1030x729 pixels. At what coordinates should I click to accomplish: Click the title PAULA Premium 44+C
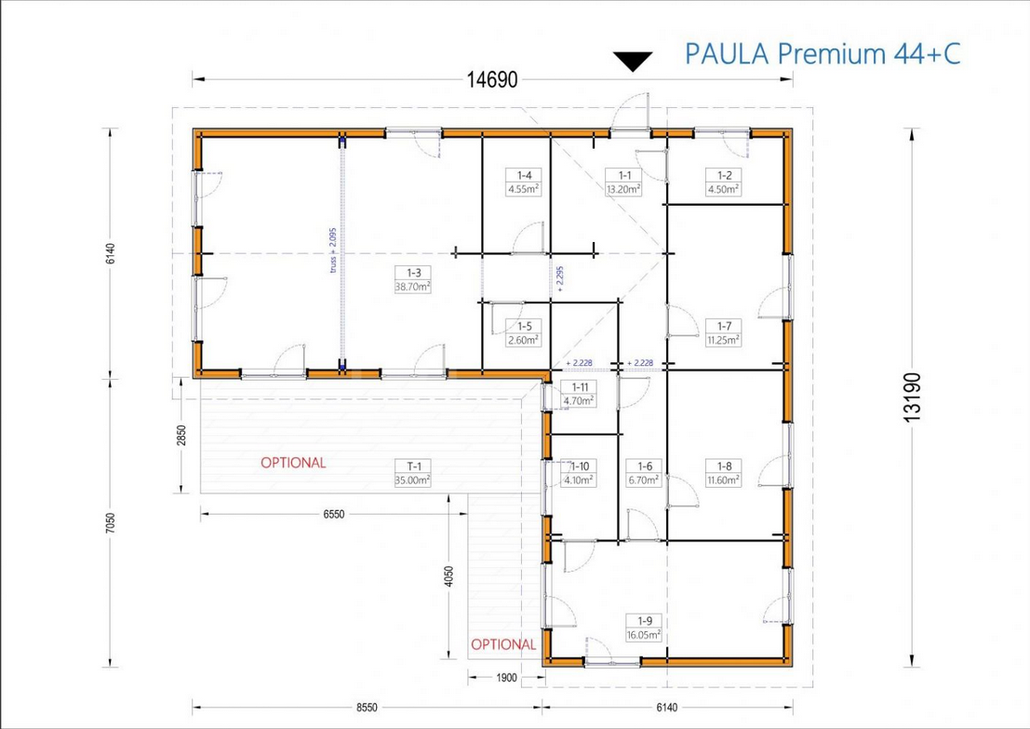point(823,53)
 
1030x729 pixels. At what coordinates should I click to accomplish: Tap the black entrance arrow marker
point(633,61)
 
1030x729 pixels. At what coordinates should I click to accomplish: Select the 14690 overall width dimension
point(492,79)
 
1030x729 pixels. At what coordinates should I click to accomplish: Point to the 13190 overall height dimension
point(913,397)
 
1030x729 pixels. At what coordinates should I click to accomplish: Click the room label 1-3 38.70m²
point(413,279)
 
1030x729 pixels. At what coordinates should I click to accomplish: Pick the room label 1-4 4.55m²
point(524,182)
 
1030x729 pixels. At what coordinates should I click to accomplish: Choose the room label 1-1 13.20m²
point(624,182)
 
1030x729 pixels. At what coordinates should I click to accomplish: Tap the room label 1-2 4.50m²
point(724,182)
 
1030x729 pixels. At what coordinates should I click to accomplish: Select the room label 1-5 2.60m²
point(524,333)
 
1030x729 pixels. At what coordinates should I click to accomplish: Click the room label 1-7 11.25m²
point(724,332)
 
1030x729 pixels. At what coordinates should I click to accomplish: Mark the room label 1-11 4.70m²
point(580,394)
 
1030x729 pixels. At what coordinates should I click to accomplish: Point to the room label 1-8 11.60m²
point(724,473)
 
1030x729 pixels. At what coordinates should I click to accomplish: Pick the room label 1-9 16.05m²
point(645,628)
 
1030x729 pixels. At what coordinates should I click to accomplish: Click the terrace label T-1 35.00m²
point(413,473)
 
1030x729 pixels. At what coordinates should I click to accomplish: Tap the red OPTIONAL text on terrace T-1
point(293,463)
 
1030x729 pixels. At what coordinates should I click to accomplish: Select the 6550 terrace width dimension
point(334,515)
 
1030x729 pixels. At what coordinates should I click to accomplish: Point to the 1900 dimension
point(506,678)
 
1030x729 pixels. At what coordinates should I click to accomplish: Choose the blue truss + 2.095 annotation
point(333,250)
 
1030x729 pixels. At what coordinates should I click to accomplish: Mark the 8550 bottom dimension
point(368,708)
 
